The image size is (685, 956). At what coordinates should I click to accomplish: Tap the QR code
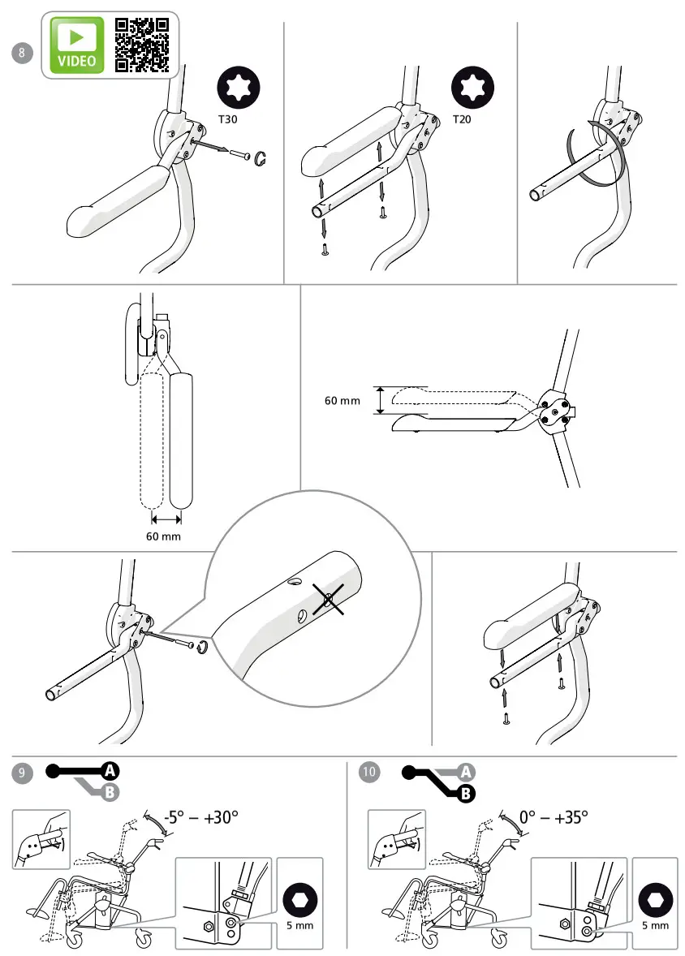point(142,45)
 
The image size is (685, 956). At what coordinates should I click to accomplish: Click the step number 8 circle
point(23,53)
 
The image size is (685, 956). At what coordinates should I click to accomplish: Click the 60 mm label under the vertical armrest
point(163,536)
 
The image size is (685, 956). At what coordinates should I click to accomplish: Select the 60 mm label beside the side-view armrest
point(342,400)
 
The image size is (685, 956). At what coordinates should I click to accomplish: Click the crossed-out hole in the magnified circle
point(329,600)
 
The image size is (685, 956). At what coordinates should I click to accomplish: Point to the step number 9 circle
point(23,773)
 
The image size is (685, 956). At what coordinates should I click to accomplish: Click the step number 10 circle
point(369,772)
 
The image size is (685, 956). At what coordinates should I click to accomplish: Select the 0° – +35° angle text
point(554,817)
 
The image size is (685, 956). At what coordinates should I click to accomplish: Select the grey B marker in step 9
point(110,793)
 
